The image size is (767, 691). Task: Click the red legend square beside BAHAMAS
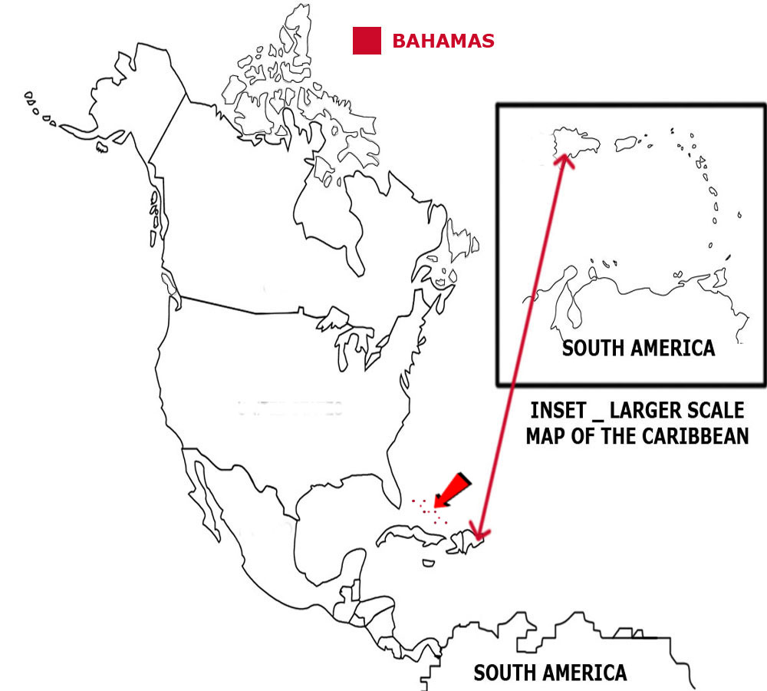(367, 41)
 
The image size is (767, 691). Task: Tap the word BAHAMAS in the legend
(443, 41)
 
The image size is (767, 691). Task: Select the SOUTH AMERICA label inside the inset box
(638, 348)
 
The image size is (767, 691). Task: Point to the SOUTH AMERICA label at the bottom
(550, 673)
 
